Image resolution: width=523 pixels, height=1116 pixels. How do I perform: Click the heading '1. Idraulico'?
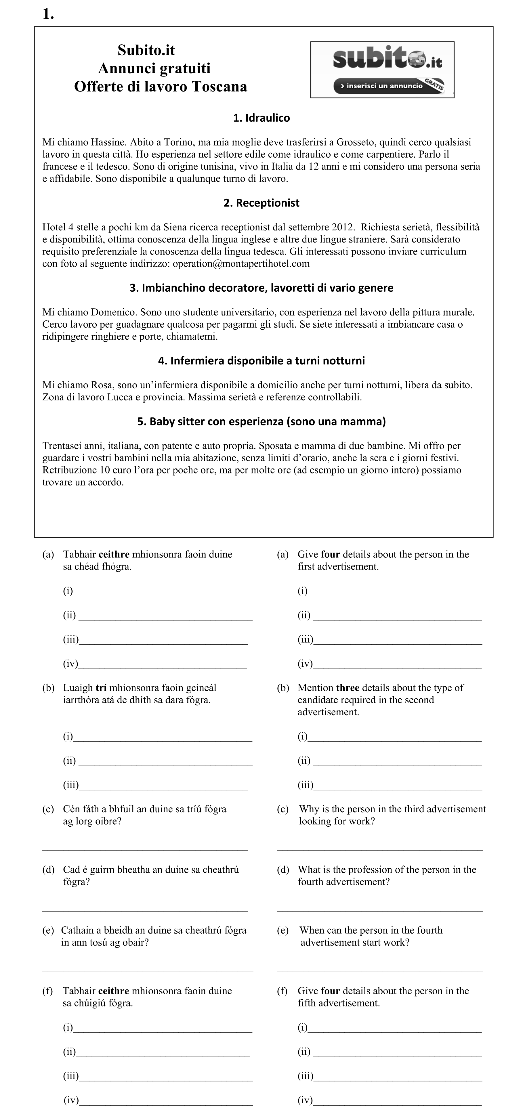[261, 118]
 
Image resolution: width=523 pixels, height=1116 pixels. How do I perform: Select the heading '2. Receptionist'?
[261, 203]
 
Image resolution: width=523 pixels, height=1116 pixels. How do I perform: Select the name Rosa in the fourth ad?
[102, 385]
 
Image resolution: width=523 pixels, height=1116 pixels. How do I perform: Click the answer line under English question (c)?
[379, 850]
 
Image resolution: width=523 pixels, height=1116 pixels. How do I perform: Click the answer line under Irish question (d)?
[145, 910]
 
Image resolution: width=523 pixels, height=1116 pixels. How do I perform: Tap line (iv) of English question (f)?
[396, 1101]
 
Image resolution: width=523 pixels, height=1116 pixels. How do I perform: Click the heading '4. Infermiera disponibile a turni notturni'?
[261, 360]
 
